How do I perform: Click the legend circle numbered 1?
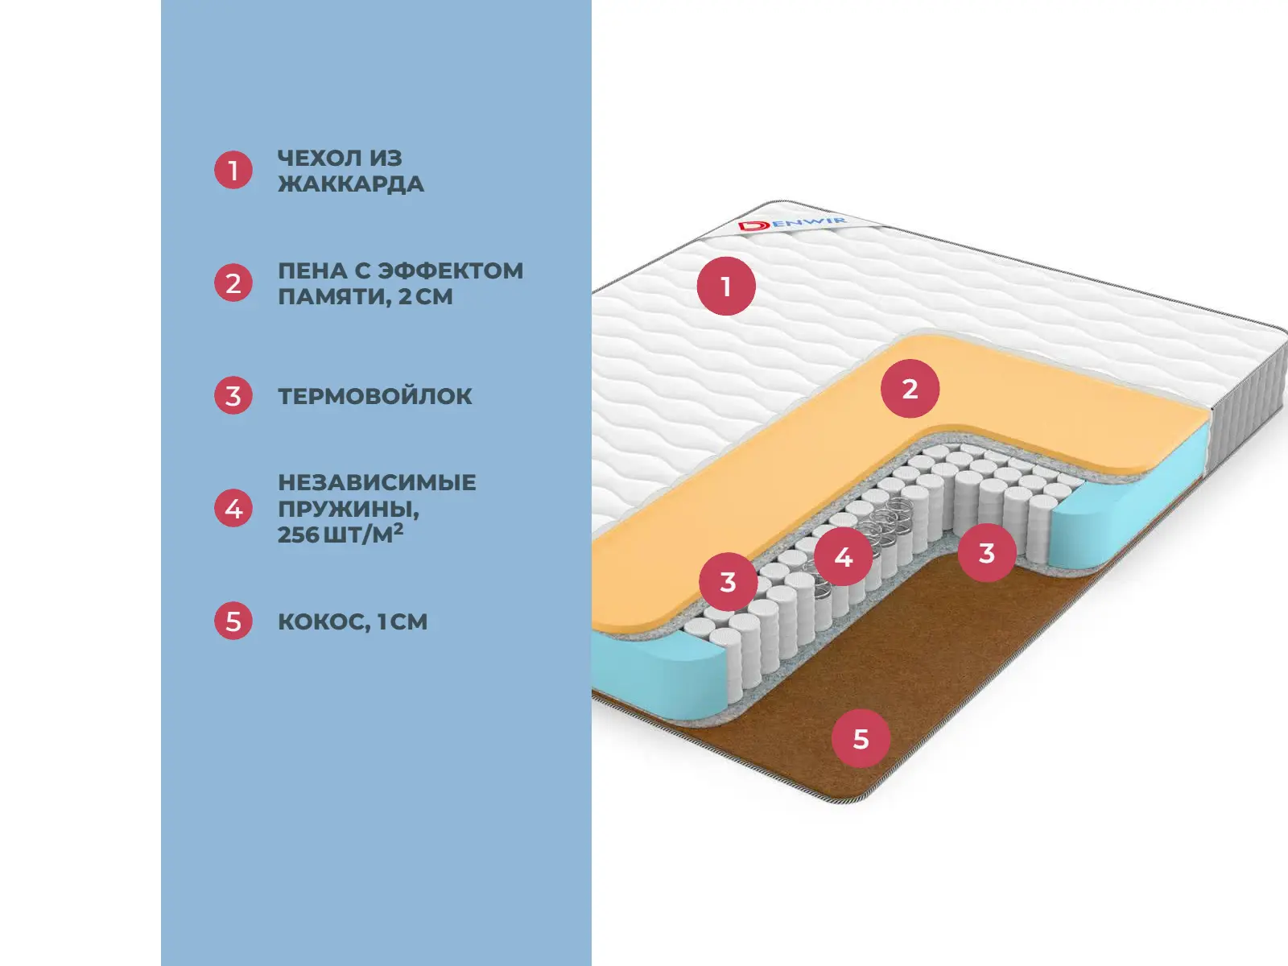point(233,170)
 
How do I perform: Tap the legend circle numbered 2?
point(233,283)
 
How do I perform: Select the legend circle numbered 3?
point(233,396)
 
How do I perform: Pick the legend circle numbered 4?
point(233,509)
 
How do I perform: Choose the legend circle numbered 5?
point(233,621)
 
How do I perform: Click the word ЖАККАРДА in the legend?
point(350,184)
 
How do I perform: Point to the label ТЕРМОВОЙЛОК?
point(374,396)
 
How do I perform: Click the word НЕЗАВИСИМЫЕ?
point(377,482)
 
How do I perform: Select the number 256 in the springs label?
point(298,535)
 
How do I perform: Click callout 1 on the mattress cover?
point(726,286)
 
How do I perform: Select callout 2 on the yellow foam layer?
point(910,389)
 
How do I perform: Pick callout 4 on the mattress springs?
point(843,556)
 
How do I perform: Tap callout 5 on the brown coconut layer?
point(861,738)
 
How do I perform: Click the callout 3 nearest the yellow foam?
point(728,581)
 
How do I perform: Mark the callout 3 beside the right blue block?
point(986,553)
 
